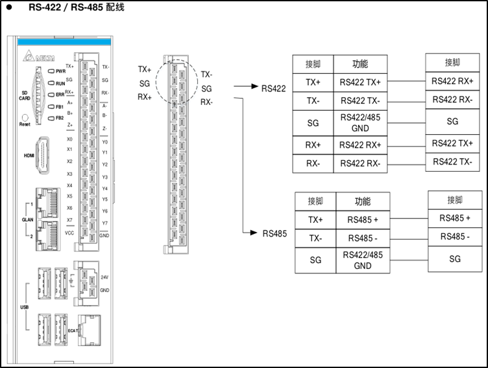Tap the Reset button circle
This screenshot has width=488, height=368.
pyautogui.click(x=25, y=117)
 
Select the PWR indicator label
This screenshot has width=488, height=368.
pyautogui.click(x=60, y=71)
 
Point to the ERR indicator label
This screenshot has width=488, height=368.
pyautogui.click(x=60, y=95)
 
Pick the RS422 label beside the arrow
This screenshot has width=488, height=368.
pyautogui.click(x=273, y=88)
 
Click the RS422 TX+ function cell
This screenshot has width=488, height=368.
pyautogui.click(x=360, y=83)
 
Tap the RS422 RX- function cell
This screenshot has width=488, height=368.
pyautogui.click(x=360, y=163)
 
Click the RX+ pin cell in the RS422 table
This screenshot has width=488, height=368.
pyautogui.click(x=313, y=144)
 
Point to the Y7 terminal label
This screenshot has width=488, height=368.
pyautogui.click(x=104, y=223)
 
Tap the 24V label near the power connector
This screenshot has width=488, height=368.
pyautogui.click(x=104, y=277)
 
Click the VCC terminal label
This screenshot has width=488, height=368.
pyautogui.click(x=69, y=232)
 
